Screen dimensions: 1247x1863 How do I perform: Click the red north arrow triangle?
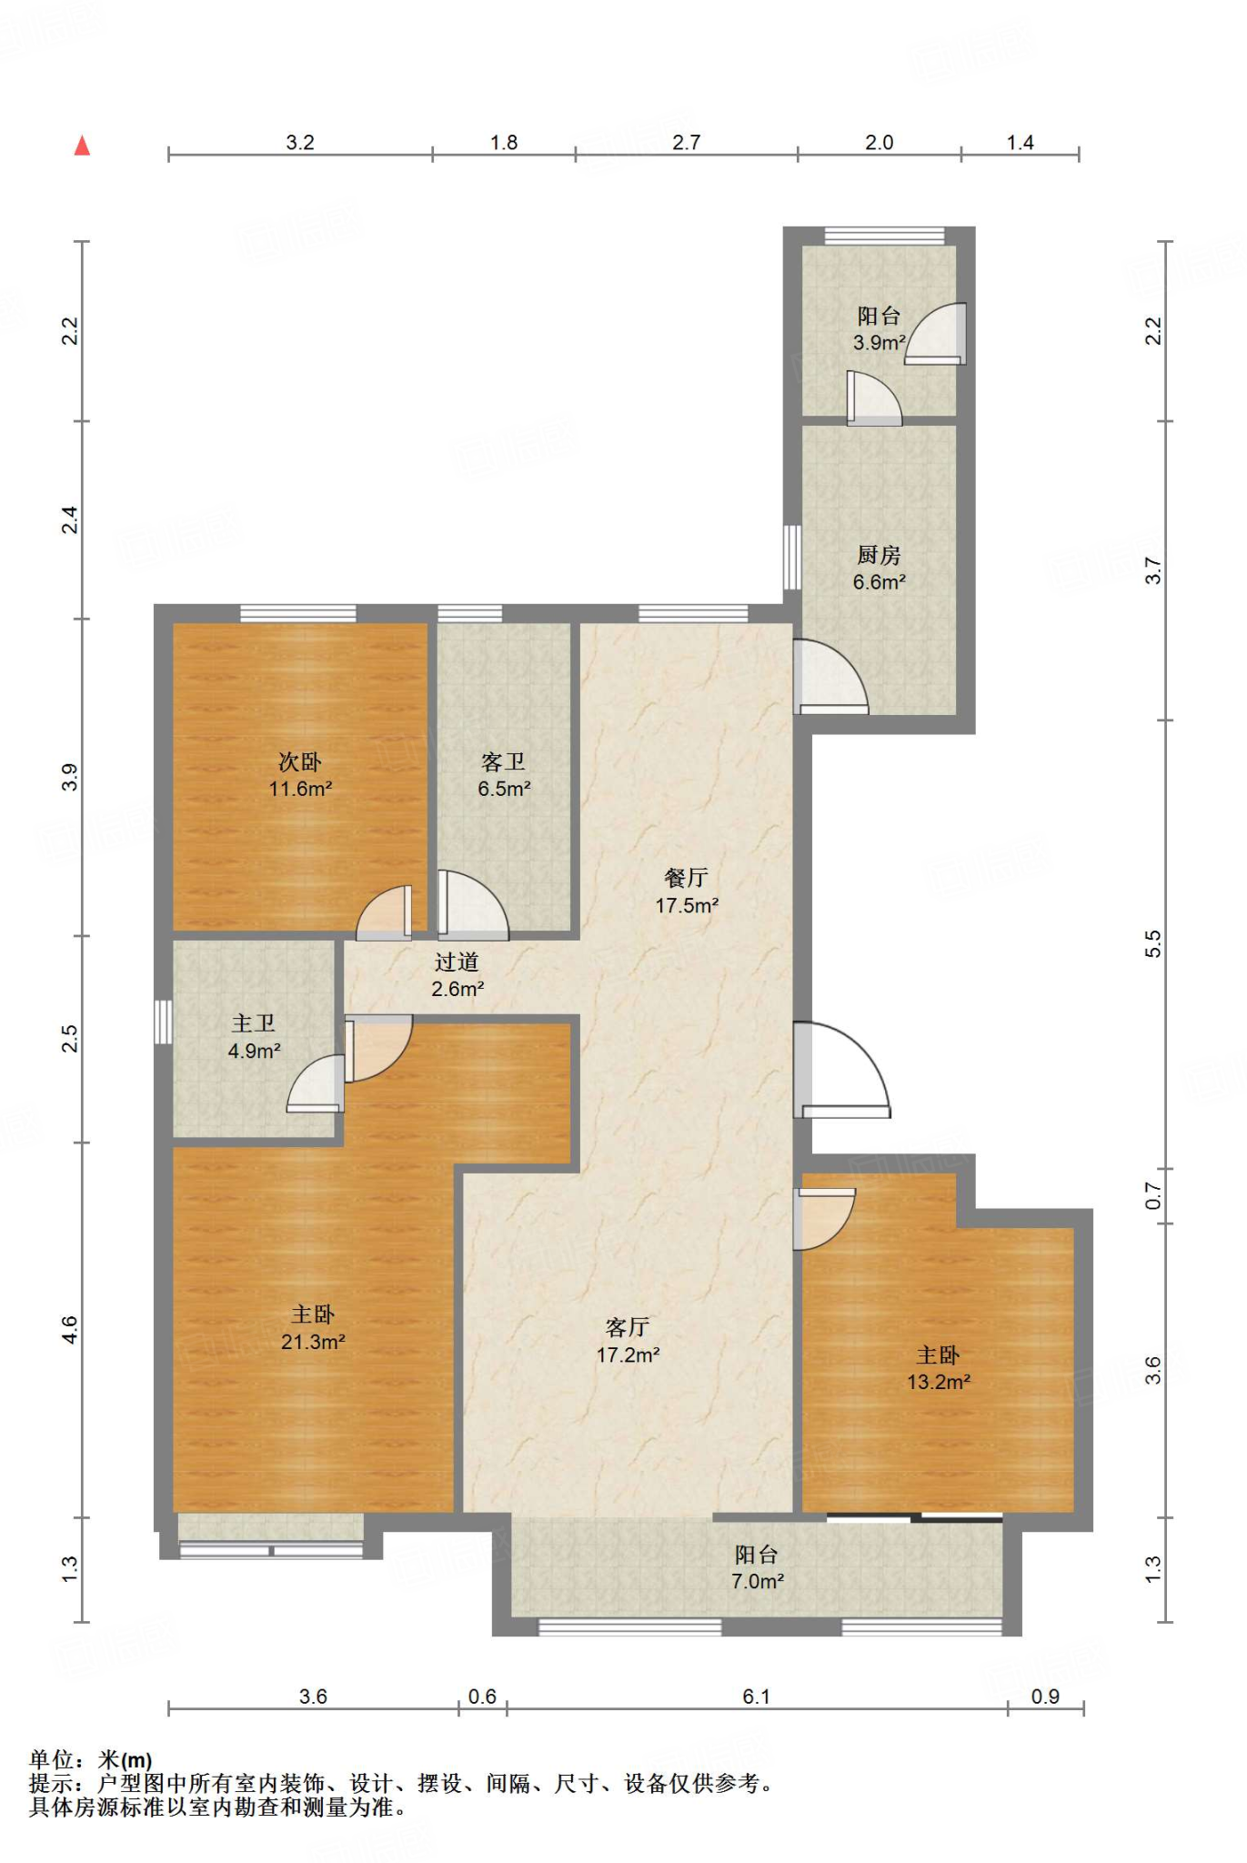(82, 146)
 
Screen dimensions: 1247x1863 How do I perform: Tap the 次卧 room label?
(300, 761)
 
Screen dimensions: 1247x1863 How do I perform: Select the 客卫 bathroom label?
(504, 761)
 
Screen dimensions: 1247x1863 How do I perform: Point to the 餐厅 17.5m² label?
(687, 891)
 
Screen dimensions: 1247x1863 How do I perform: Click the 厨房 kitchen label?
(880, 554)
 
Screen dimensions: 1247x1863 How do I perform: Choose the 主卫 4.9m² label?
(254, 1037)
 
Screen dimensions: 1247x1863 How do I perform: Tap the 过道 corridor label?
(457, 962)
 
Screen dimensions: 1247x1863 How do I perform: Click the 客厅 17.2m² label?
(628, 1341)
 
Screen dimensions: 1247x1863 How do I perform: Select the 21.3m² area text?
(313, 1342)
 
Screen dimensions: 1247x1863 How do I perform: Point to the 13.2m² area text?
(939, 1382)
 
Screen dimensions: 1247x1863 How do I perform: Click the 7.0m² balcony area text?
(758, 1582)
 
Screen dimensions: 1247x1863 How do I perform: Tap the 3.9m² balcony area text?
(880, 343)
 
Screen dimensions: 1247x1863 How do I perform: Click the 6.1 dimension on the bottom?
(756, 1697)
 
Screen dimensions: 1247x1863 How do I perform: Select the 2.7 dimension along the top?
(687, 143)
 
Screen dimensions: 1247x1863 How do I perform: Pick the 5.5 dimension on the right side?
(1153, 943)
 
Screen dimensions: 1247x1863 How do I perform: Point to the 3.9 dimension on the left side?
(70, 778)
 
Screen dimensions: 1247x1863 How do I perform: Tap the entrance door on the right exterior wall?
(841, 1071)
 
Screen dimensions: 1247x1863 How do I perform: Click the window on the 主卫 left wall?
(163, 1022)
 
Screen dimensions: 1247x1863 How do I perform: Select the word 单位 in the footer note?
(51, 1760)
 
